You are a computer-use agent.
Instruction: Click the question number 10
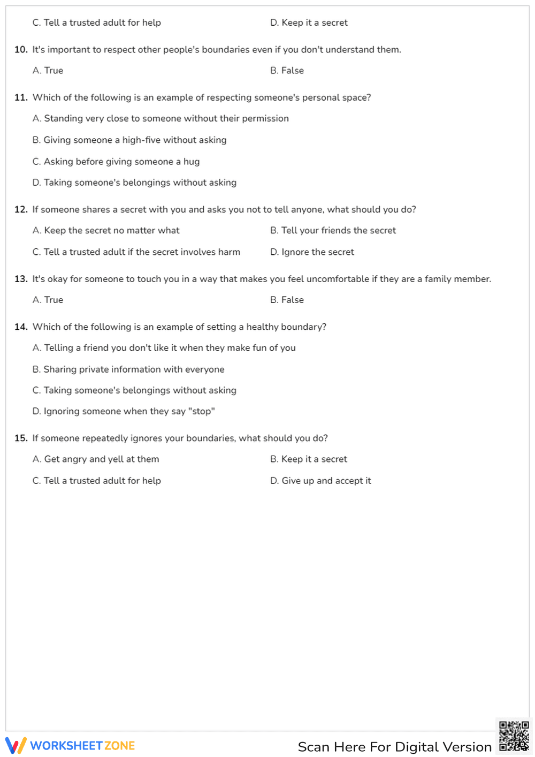(x=21, y=50)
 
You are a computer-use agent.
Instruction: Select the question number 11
(x=21, y=97)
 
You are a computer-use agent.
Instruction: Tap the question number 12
(x=21, y=209)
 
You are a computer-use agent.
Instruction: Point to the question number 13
(x=21, y=279)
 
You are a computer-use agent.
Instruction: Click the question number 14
(x=21, y=327)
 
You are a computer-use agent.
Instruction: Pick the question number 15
(x=21, y=438)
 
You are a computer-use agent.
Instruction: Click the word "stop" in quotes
(x=202, y=411)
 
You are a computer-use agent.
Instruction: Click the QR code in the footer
(x=514, y=736)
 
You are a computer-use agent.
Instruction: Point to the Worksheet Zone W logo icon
(x=16, y=745)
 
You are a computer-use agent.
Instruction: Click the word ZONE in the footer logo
(x=119, y=746)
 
